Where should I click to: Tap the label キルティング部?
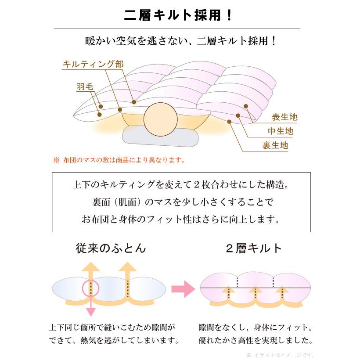pyautogui.click(x=94, y=64)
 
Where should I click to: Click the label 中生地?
pyautogui.click(x=281, y=131)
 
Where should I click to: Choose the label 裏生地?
pyautogui.click(x=275, y=145)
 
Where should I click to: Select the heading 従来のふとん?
pyautogui.click(x=110, y=248)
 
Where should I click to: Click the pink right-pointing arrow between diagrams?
pyautogui.click(x=182, y=289)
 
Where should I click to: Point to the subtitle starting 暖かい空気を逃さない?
pyautogui.click(x=180, y=42)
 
